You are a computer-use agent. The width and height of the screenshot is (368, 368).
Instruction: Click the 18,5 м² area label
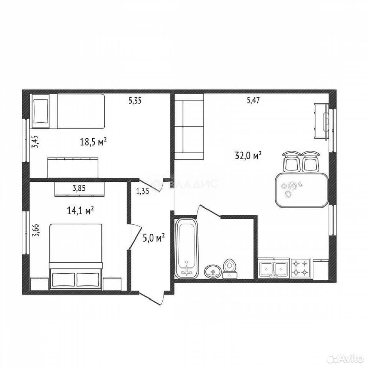pos(93,142)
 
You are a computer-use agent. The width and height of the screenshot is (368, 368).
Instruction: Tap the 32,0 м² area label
pos(248,155)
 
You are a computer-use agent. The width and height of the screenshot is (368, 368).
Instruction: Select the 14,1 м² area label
pos(80,210)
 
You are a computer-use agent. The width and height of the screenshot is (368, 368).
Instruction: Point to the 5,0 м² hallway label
pos(154,238)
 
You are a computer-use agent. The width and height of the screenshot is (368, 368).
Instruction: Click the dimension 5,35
pos(135,101)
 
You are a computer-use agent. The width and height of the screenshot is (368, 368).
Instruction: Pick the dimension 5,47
pos(253,101)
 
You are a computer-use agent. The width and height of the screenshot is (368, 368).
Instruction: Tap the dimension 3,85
pos(79,188)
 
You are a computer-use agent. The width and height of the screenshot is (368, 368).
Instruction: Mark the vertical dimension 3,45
pos(36,141)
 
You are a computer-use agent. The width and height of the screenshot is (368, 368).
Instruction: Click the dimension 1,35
pos(142,191)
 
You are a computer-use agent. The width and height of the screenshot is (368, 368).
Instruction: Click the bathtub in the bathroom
pos(187,248)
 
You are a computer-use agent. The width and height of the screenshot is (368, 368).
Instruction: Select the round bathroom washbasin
pos(213,272)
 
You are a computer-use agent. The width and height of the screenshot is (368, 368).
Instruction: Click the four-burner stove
pos(301,268)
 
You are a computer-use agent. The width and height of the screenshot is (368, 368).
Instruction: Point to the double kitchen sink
pos(274,268)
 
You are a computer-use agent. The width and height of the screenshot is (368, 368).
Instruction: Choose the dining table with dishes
pos(302,190)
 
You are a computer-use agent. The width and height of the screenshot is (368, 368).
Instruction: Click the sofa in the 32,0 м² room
pos(189,127)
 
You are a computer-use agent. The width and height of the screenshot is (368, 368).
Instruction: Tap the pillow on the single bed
pos(41,111)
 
